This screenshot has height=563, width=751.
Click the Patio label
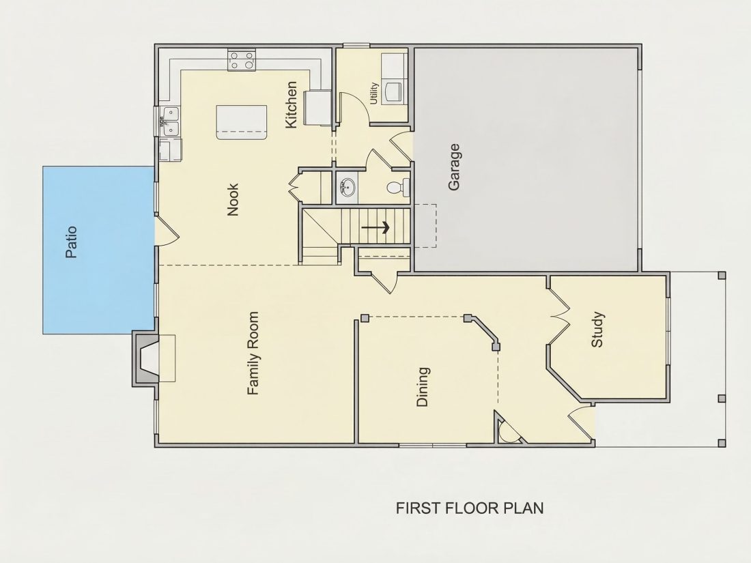pyautogui.click(x=71, y=242)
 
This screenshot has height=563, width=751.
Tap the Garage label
pyautogui.click(x=454, y=167)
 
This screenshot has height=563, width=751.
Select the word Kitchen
pyautogui.click(x=292, y=105)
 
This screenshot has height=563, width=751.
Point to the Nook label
pyautogui.click(x=233, y=200)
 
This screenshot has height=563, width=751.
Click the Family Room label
pyautogui.click(x=253, y=353)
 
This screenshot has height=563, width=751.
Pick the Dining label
pyautogui.click(x=423, y=387)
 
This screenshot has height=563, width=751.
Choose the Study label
pyautogui.click(x=597, y=330)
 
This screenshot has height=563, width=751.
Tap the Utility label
pyautogui.click(x=374, y=93)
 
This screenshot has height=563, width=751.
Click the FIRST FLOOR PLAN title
pyautogui.click(x=470, y=508)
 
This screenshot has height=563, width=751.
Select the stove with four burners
pyautogui.click(x=241, y=61)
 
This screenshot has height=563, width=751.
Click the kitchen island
pyautogui.click(x=242, y=123)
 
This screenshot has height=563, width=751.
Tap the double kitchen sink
pyautogui.click(x=170, y=121)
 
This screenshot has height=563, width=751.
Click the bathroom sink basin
pyautogui.click(x=348, y=187)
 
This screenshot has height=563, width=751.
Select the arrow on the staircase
pyautogui.click(x=375, y=227)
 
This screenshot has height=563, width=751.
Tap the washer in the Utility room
pyautogui.click(x=395, y=91)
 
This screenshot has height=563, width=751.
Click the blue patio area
pyautogui.click(x=98, y=250)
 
